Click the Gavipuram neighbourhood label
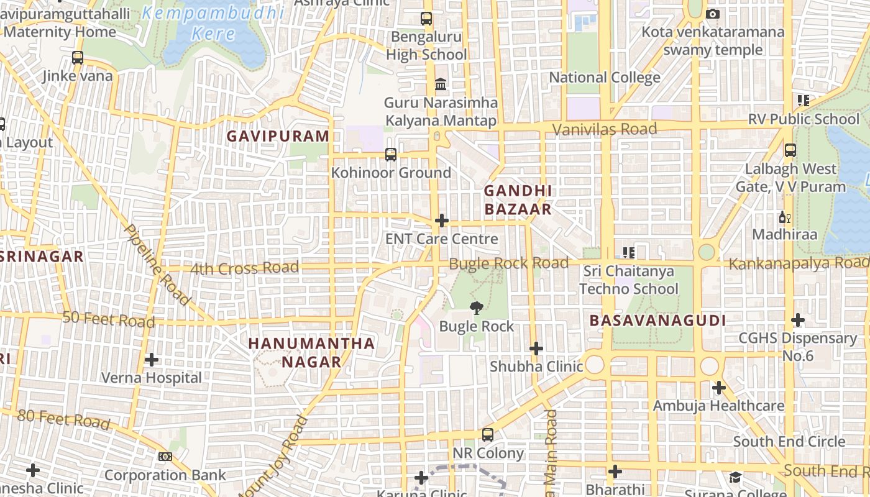click(278, 136)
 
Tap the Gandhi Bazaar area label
click(518, 199)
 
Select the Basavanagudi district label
click(657, 321)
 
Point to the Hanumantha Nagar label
click(312, 352)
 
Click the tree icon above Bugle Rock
click(477, 308)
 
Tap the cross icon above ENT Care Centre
click(442, 221)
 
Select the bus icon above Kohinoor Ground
click(391, 154)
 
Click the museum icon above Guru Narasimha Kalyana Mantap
click(441, 84)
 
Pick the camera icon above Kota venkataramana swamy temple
click(713, 14)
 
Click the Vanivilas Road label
click(605, 129)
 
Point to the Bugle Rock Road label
click(508, 263)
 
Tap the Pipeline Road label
click(157, 265)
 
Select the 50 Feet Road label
click(109, 320)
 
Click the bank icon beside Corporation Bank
click(165, 457)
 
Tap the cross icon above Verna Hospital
click(151, 360)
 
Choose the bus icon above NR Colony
click(488, 435)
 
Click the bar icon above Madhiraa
click(784, 217)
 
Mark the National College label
click(605, 78)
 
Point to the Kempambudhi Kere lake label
click(213, 23)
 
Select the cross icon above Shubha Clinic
click(536, 349)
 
